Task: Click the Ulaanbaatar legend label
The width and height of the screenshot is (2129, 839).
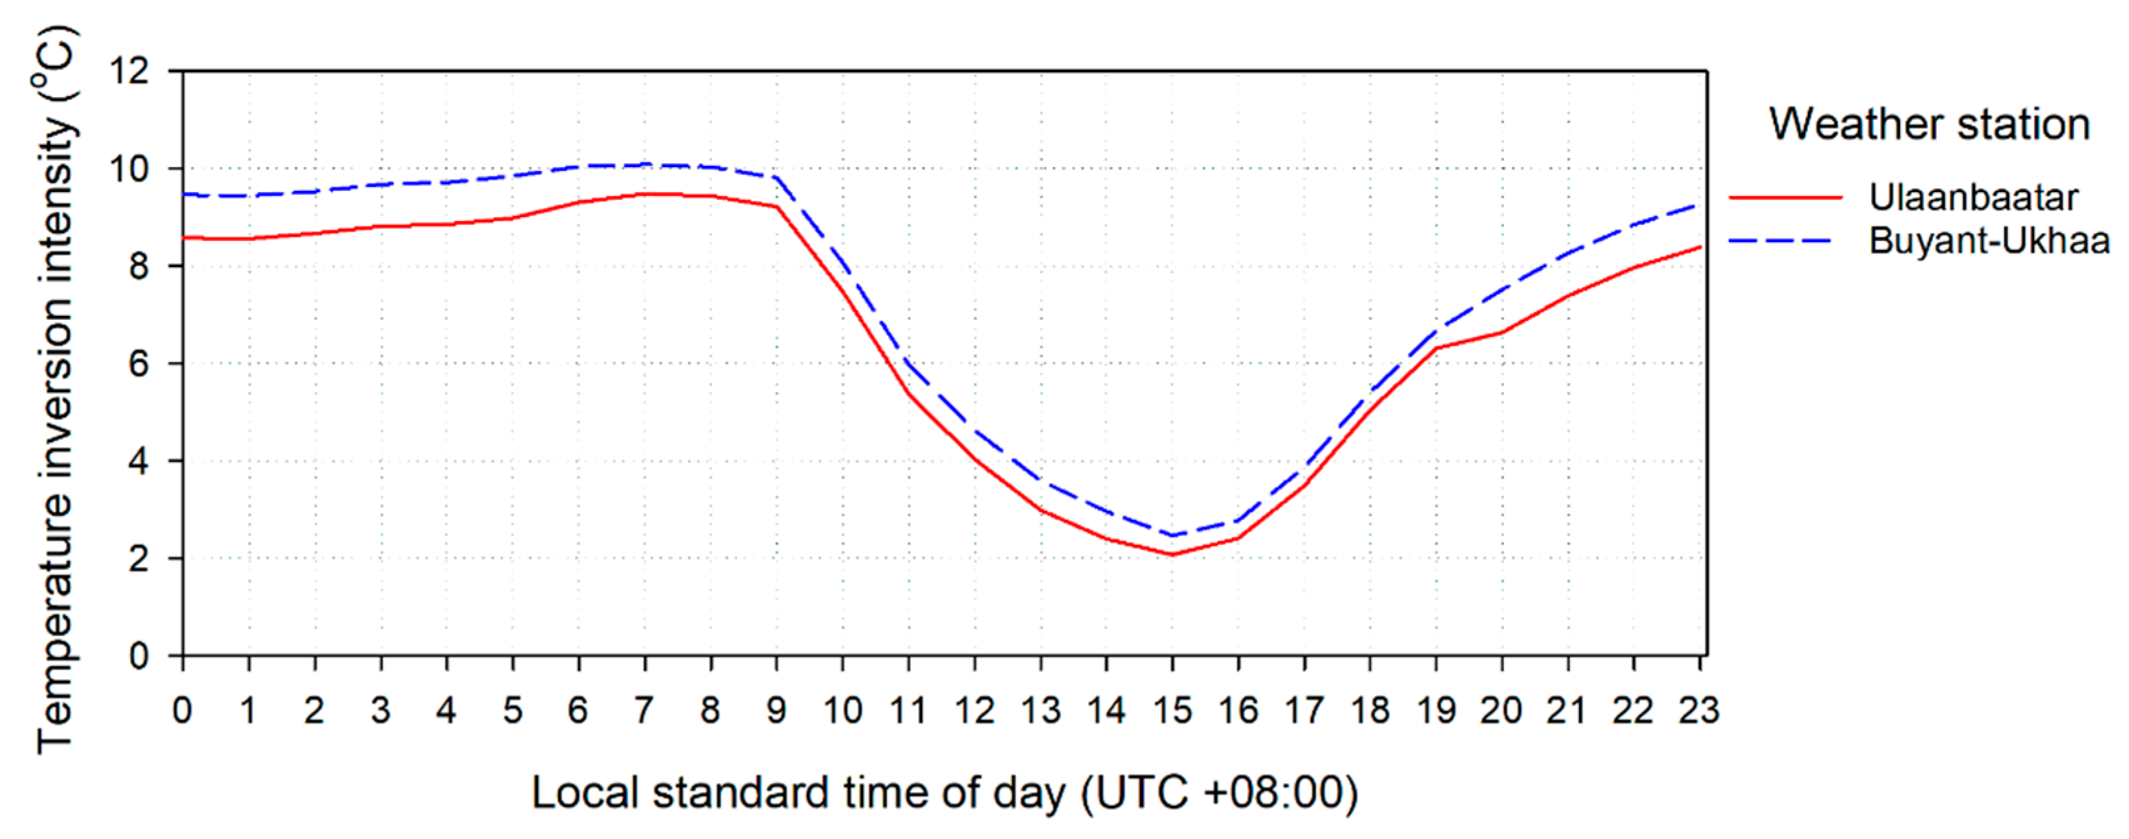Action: (x=1973, y=197)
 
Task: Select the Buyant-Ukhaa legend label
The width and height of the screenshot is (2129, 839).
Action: (x=1988, y=241)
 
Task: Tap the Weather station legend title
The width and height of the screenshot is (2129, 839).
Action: (x=1929, y=125)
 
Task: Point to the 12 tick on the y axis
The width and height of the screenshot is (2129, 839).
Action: (x=130, y=72)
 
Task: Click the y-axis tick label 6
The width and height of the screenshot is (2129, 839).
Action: (x=139, y=365)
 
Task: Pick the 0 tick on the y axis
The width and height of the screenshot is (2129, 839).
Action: (x=139, y=657)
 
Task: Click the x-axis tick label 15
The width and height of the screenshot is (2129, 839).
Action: (x=1172, y=711)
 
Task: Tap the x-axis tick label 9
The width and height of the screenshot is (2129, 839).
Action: (x=776, y=711)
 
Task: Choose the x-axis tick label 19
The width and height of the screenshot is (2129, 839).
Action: (x=1436, y=711)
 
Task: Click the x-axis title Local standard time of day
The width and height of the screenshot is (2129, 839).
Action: (x=944, y=794)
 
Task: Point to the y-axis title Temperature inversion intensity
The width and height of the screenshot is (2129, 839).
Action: (x=55, y=388)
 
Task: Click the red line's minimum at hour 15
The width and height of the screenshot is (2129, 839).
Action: (x=1172, y=554)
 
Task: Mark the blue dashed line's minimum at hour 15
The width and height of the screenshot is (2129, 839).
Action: (x=1172, y=535)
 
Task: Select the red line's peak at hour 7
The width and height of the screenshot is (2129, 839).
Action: (x=645, y=194)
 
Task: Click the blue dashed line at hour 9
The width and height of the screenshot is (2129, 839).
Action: (x=776, y=178)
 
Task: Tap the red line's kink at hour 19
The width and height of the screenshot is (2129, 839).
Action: (x=1436, y=348)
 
